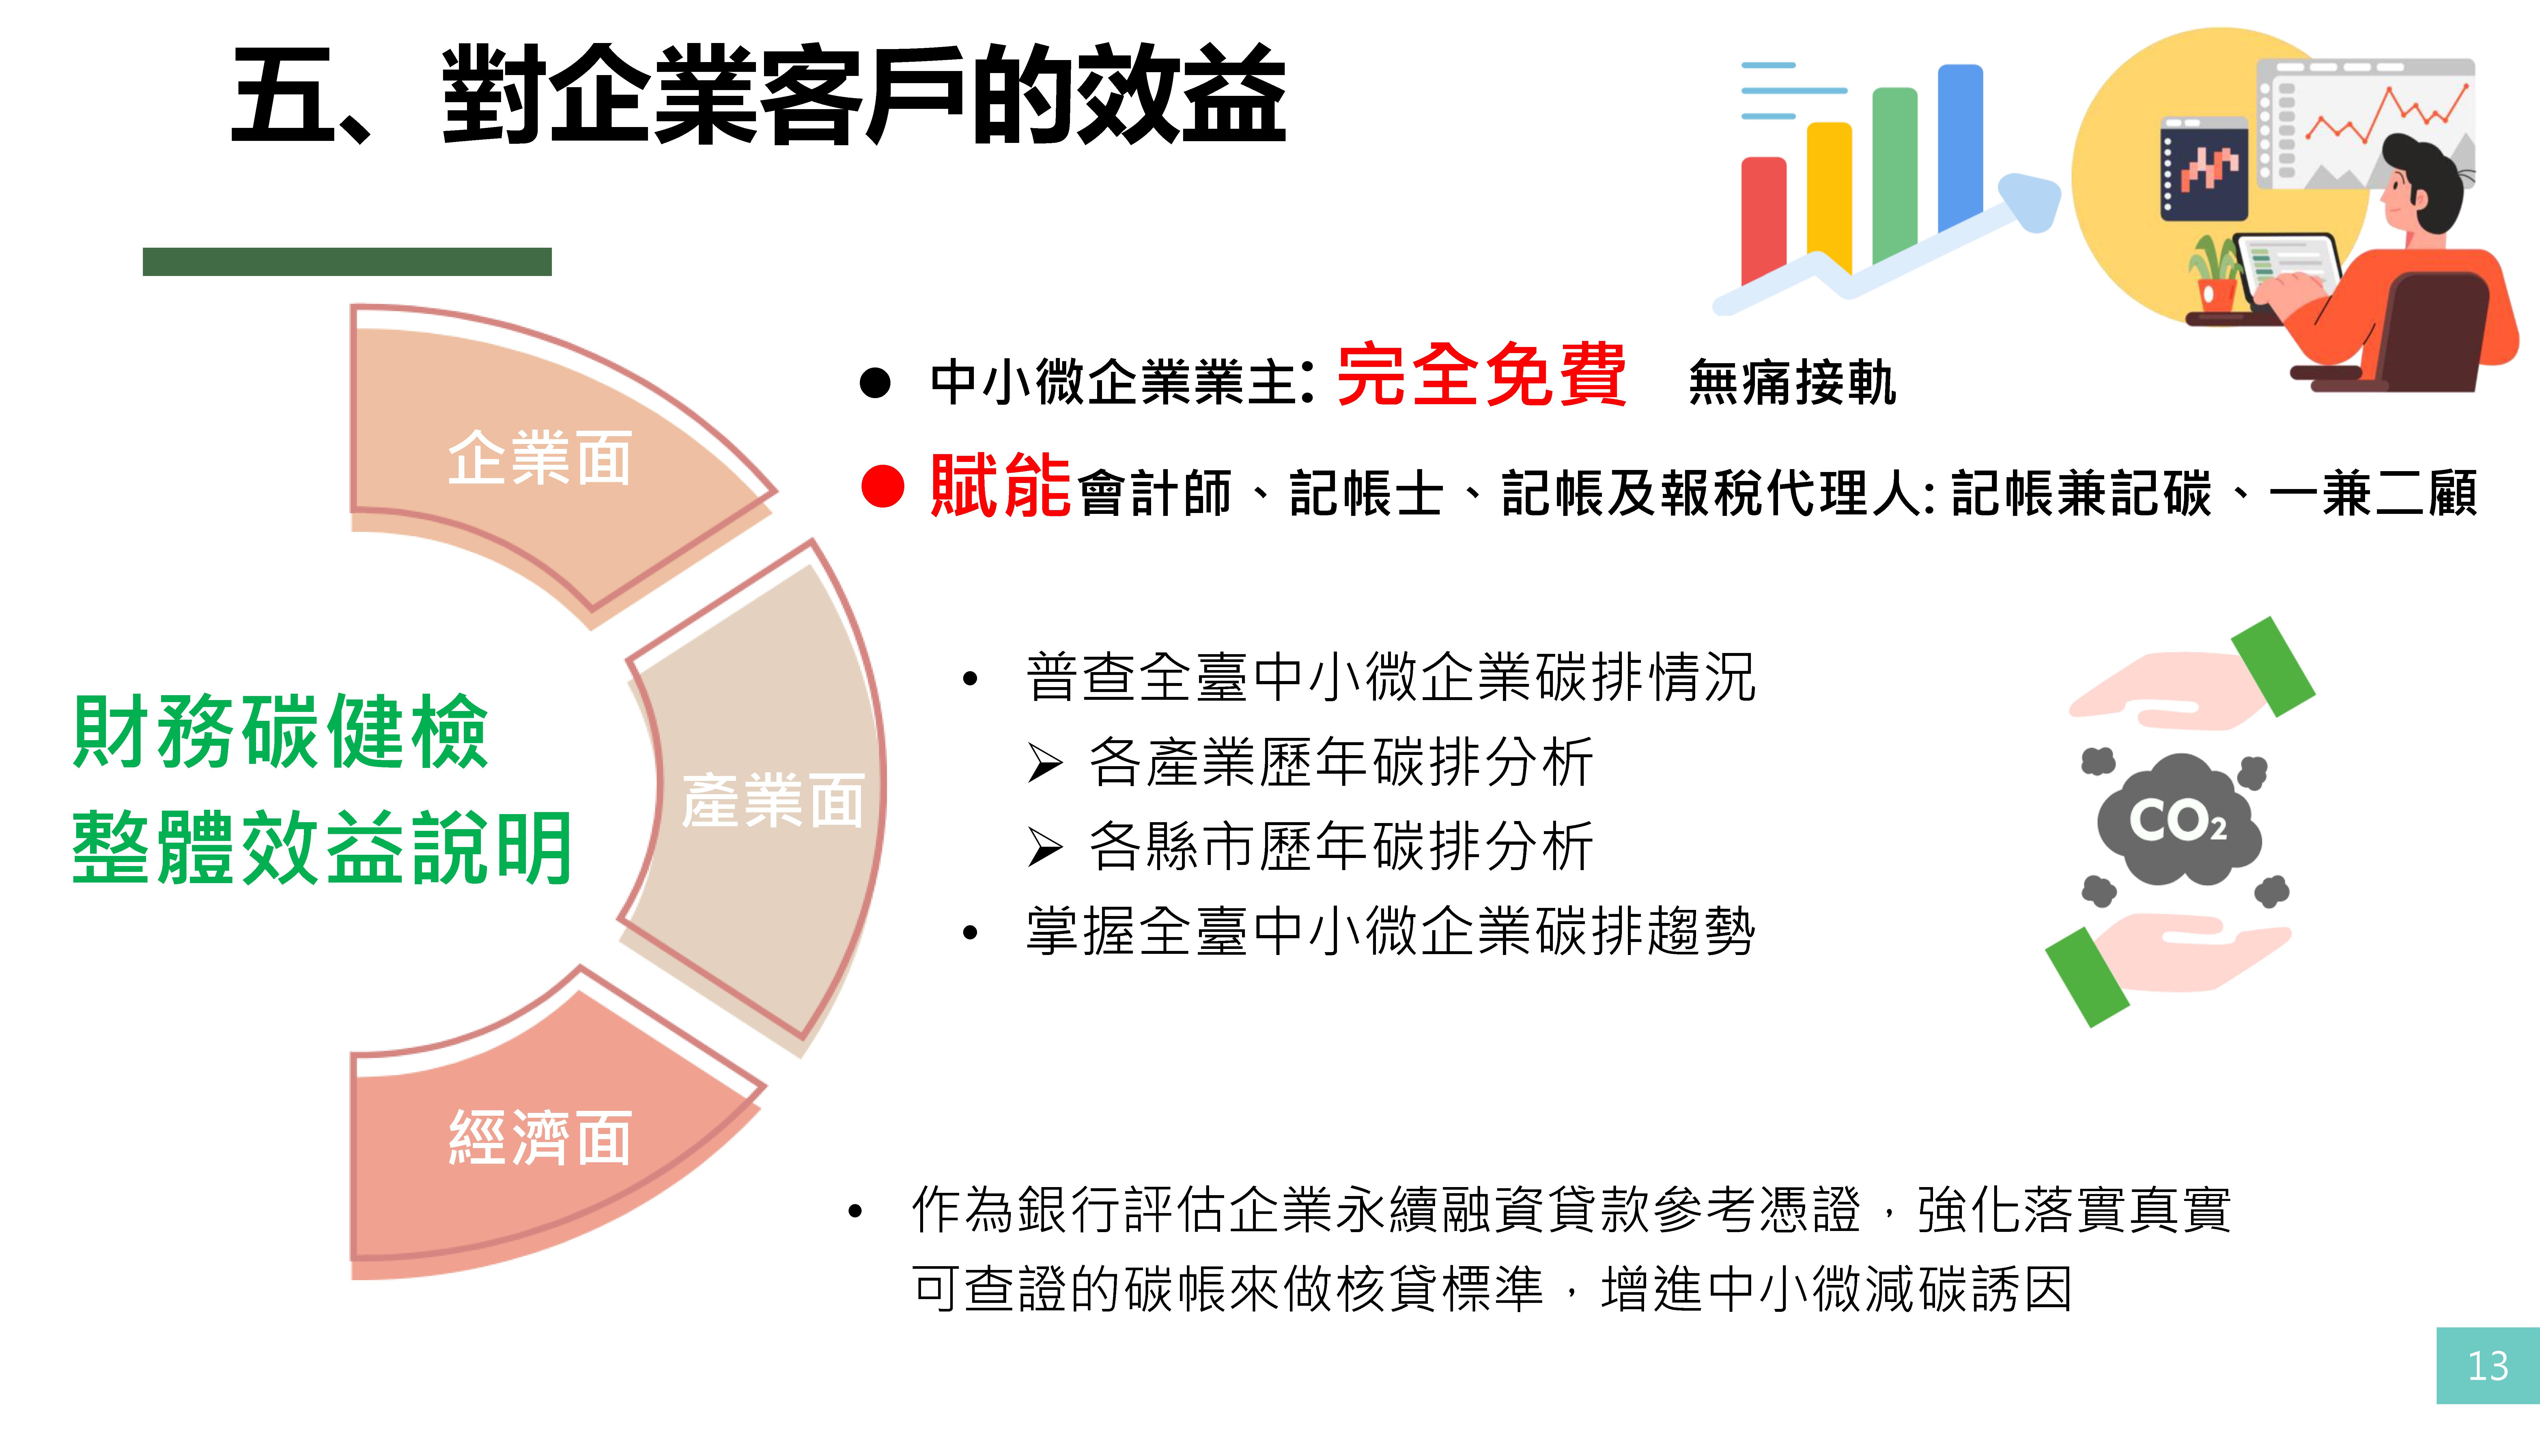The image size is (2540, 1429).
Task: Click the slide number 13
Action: point(2487,1366)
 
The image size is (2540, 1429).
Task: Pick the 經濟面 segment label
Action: point(539,1137)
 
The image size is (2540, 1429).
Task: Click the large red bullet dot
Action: point(882,486)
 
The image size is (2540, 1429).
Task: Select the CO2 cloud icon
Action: point(2177,820)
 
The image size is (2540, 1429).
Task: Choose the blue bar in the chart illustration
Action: point(1960,148)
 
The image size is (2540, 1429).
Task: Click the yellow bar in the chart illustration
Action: point(1829,197)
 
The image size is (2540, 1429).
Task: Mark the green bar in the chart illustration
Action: point(1894,176)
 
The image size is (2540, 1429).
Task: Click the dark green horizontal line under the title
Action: point(347,261)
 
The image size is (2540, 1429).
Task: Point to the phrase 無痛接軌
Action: point(1792,383)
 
